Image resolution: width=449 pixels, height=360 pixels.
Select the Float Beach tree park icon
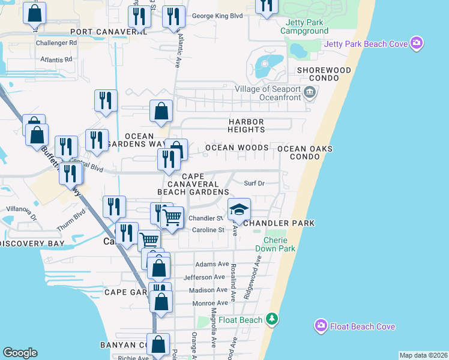272,319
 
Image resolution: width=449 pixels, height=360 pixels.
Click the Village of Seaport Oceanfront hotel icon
310,91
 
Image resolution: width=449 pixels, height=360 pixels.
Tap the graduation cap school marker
239,209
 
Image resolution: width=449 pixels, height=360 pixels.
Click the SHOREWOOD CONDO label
324,74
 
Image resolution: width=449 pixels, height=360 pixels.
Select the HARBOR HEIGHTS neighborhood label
246,125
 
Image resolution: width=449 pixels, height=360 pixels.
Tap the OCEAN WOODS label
237,147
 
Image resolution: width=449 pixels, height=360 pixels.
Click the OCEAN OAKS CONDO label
304,152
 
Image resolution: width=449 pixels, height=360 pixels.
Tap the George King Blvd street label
217,16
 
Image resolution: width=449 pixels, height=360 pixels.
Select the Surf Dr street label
255,184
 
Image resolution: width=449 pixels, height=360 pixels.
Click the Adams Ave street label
212,264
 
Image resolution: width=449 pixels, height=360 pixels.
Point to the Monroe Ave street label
209,304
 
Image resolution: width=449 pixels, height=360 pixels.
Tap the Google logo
20,352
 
